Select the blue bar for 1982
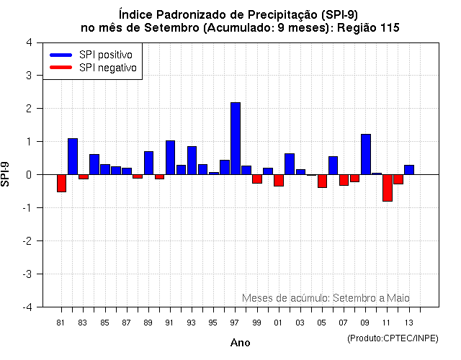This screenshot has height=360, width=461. pyautogui.click(x=73, y=156)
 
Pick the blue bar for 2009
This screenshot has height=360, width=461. pyautogui.click(x=366, y=154)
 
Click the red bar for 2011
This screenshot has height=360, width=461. pyautogui.click(x=388, y=188)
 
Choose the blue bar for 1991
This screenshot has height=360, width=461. pyautogui.click(x=171, y=158)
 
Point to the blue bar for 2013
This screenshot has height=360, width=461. pyautogui.click(x=409, y=170)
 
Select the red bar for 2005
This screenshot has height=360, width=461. pyautogui.click(x=322, y=181)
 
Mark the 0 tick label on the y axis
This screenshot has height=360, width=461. pyautogui.click(x=28, y=175)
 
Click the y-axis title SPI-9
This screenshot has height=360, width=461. pyautogui.click(x=8, y=175)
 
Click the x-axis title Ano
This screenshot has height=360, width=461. pyautogui.click(x=240, y=343)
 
